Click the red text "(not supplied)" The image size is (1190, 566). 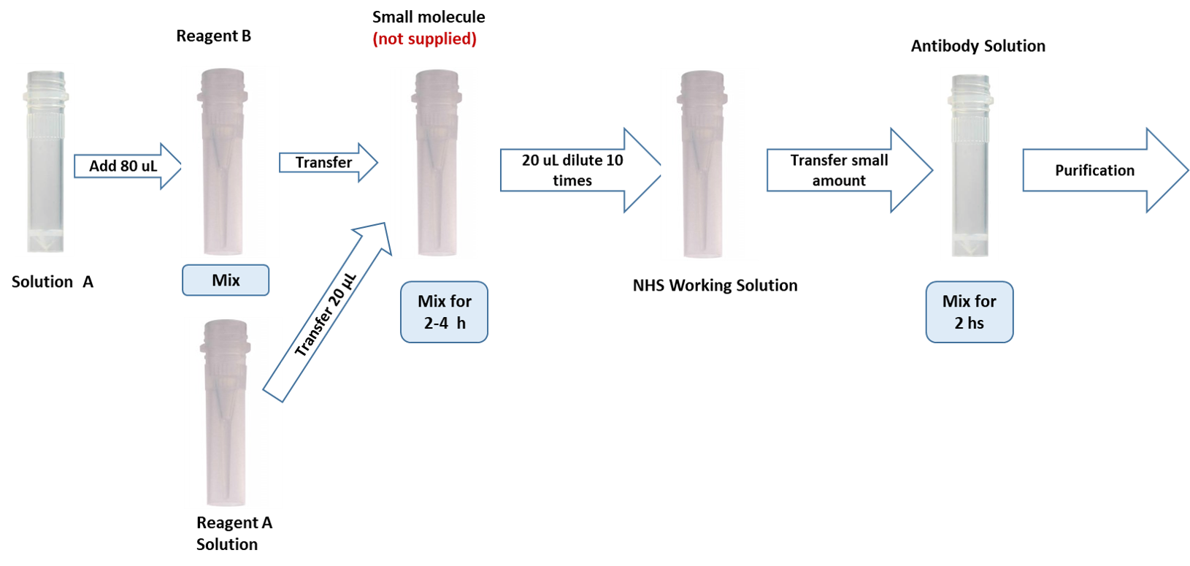point(425,39)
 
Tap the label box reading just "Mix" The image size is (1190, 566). point(226,280)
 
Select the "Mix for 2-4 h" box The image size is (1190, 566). point(444,312)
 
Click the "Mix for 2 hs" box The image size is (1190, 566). point(969,312)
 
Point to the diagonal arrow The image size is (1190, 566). point(326,312)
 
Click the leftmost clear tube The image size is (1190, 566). point(45,161)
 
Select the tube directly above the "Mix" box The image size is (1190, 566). point(230,162)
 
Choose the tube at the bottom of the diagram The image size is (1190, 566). point(233,413)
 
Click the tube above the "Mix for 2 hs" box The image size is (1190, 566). point(969,165)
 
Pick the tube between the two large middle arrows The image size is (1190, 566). point(710,165)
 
